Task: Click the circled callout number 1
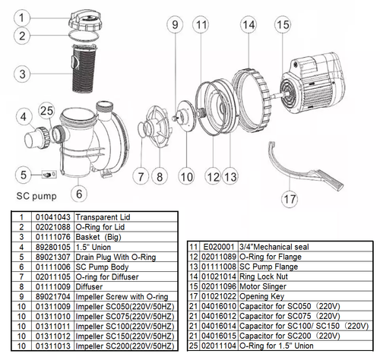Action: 24,15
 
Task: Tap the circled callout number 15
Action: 282,26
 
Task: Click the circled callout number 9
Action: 175,26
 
